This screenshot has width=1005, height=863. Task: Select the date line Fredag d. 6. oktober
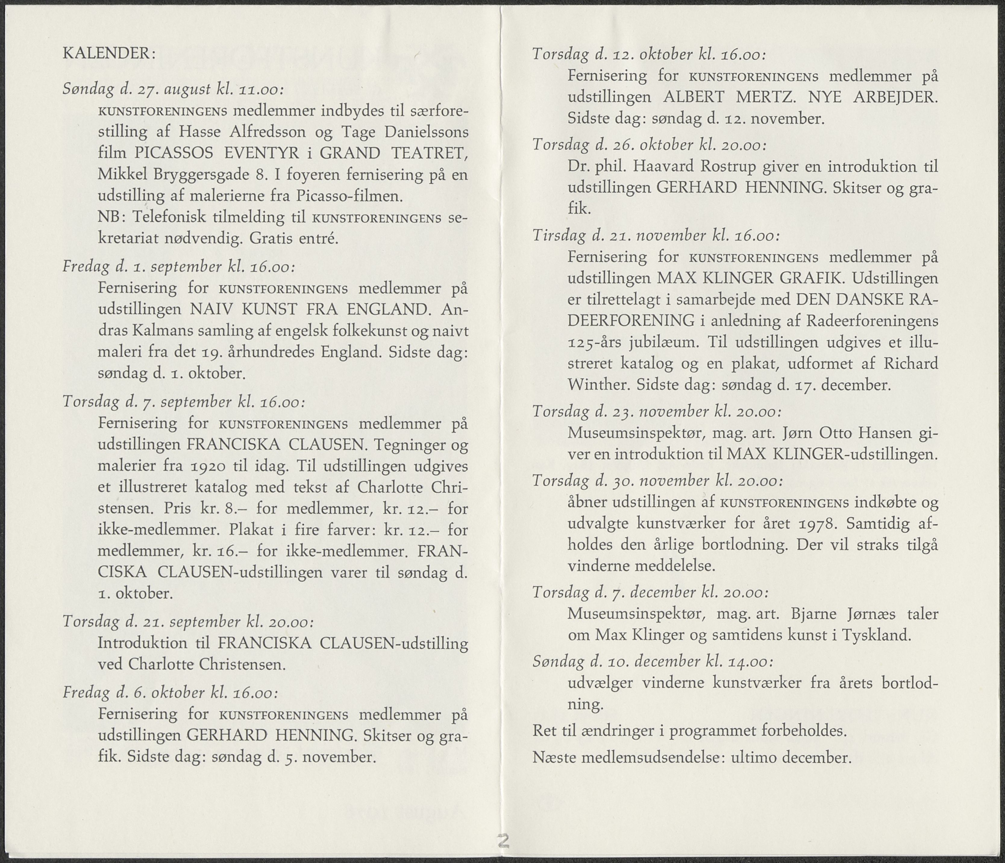coord(171,692)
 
